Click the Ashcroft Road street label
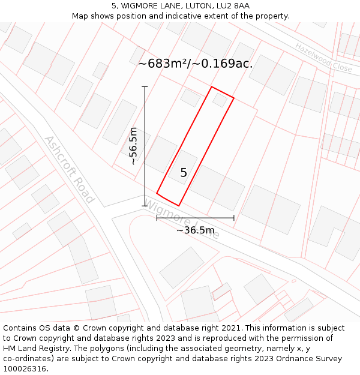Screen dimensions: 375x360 click(69, 169)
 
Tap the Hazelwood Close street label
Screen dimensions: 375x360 click(323, 58)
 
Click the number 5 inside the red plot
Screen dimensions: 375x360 click(184, 173)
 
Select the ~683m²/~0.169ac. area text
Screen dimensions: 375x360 click(196, 64)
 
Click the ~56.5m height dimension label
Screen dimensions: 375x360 click(133, 146)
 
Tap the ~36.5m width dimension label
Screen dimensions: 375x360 click(195, 230)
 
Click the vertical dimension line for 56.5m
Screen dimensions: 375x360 click(145, 120)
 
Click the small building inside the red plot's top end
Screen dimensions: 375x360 click(220, 100)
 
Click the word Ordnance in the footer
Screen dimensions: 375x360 click(281, 359)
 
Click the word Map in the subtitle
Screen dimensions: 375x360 click(80, 16)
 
